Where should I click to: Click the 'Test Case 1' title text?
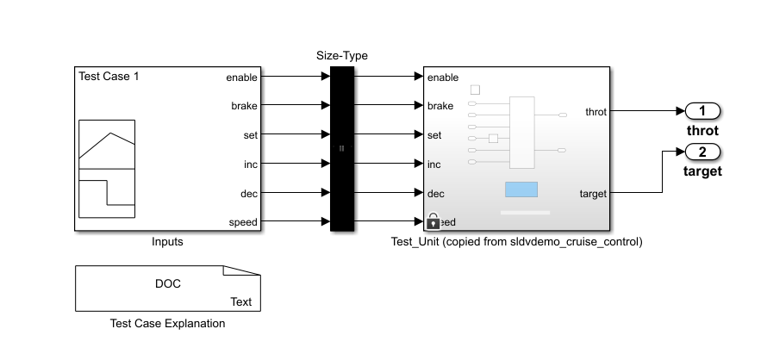tap(109, 76)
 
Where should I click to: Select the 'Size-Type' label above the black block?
tap(342, 56)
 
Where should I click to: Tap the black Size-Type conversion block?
tap(342, 148)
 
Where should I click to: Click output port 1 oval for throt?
tap(702, 111)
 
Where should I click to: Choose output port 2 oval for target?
tap(702, 152)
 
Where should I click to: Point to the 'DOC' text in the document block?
tap(168, 283)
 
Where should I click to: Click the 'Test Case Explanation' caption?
tap(168, 324)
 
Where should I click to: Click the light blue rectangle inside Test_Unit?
tap(521, 189)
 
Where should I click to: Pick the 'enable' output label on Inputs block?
tap(241, 78)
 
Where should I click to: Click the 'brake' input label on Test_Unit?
tap(440, 106)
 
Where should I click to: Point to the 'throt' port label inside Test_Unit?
tap(596, 112)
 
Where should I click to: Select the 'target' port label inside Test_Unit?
tap(594, 194)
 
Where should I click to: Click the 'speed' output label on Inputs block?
tap(243, 222)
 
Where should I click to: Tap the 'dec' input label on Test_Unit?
tap(436, 193)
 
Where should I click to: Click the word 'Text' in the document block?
tap(241, 301)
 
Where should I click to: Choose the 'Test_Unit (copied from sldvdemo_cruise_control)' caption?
tap(517, 242)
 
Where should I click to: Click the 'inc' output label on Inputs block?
tap(250, 164)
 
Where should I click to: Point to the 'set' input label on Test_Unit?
tap(434, 135)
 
